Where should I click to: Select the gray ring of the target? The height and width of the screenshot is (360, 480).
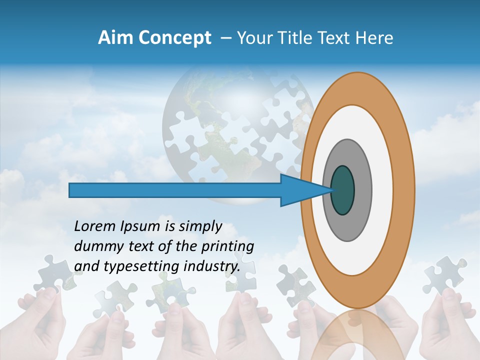coord(362,190)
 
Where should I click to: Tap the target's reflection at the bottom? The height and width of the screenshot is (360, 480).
coord(357,335)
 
